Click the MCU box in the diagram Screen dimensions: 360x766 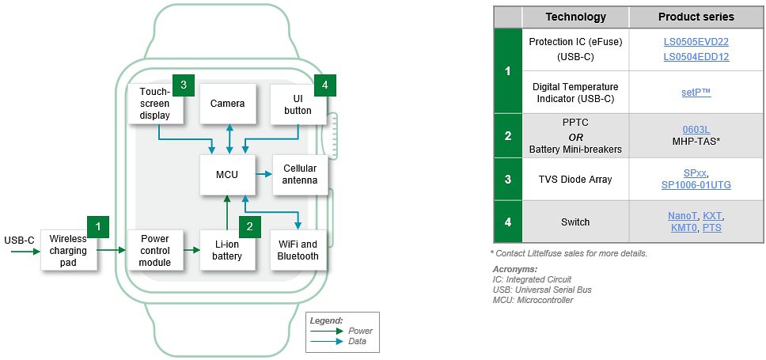coord(228,174)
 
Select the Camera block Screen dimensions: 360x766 coord(228,104)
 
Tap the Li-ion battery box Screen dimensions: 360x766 coord(227,250)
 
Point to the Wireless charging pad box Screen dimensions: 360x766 coord(68,250)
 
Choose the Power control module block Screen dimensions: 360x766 coord(155,250)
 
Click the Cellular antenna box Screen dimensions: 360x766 coord(300,174)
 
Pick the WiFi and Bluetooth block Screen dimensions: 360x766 coord(298,250)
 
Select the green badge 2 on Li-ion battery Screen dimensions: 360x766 coord(250,226)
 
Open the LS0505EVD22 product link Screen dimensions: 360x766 coord(696,41)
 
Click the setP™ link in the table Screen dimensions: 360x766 coord(696,93)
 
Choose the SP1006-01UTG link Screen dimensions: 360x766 coord(696,185)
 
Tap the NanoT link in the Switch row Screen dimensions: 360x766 coord(682,216)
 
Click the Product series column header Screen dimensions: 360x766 coord(696,17)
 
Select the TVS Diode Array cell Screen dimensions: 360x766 coord(574,179)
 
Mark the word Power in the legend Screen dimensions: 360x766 coord(360,331)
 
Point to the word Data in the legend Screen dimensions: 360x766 coord(357,341)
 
